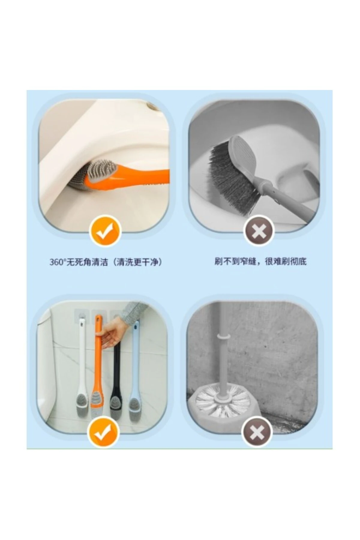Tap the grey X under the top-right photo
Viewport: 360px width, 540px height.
(x=259, y=231)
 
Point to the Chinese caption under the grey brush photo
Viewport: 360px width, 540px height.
(x=260, y=262)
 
